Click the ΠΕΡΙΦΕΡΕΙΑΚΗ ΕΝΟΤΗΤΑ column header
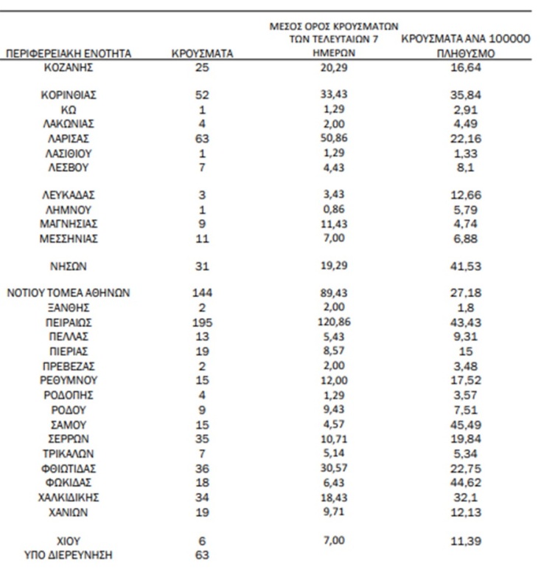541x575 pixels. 69,53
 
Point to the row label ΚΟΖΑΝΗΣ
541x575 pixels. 69,68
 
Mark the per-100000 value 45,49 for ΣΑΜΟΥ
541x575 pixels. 466,424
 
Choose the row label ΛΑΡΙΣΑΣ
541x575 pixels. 69,139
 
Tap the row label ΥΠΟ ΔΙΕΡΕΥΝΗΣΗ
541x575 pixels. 69,555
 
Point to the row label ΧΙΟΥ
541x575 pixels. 69,541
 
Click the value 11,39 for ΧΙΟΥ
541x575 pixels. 466,541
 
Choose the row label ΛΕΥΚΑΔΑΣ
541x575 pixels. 69,196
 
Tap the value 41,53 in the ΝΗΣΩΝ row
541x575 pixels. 466,266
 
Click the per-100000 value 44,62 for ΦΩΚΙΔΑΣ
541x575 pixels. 466,483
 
